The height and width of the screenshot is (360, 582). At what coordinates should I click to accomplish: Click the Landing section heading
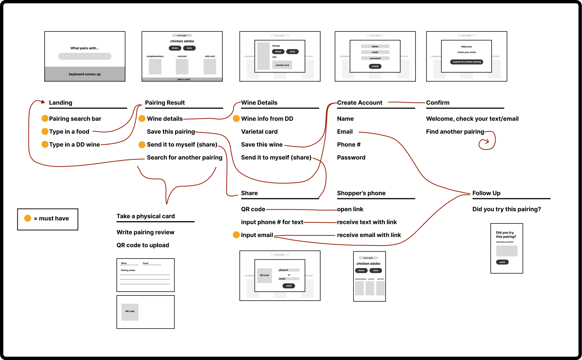tap(61, 103)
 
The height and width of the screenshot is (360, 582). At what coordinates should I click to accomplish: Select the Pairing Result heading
tap(165, 103)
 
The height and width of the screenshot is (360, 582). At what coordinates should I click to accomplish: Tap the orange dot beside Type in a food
tap(45, 131)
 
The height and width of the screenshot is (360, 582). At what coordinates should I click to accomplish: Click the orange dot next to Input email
tap(236, 235)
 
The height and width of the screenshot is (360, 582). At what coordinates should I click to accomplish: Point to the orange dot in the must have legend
tap(28, 218)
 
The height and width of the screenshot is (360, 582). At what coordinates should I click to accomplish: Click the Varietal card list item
tap(259, 131)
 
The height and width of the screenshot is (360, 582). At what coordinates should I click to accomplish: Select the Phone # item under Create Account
tap(349, 144)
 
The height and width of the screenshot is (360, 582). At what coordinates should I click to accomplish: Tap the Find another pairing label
tap(455, 131)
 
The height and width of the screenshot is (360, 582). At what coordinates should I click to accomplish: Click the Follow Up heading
tap(486, 193)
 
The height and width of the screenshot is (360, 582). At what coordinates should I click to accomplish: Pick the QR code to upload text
tap(143, 245)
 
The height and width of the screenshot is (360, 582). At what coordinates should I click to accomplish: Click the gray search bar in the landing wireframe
tap(85, 56)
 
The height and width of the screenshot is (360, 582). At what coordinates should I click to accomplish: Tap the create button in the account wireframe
tap(375, 66)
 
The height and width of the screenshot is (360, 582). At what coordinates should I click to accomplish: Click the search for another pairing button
tap(467, 62)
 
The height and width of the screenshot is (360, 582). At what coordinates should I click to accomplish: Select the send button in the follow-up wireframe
tap(502, 262)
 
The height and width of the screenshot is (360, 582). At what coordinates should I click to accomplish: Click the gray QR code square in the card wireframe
tap(130, 312)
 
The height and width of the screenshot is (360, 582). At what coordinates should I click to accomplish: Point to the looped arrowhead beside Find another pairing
tap(487, 141)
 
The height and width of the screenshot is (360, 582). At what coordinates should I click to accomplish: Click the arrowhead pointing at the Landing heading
tap(43, 102)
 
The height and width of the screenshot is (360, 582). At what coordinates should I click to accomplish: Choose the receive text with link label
tap(367, 222)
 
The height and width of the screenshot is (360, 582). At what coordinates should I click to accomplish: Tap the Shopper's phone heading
tap(361, 193)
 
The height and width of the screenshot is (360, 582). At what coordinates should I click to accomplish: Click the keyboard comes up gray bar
tap(85, 74)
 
